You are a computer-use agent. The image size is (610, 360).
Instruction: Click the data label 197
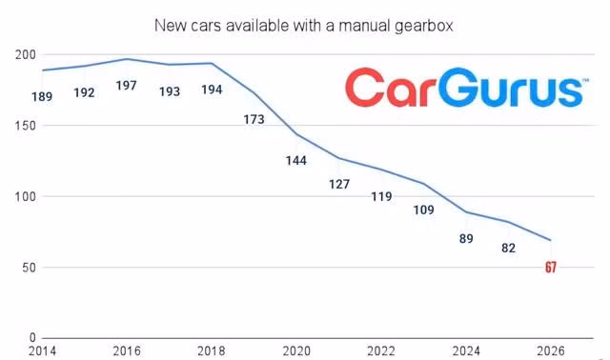point(127,86)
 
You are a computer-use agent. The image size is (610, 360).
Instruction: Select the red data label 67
point(551,268)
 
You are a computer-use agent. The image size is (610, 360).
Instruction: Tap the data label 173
point(254,119)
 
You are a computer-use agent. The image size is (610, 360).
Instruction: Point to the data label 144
point(296,161)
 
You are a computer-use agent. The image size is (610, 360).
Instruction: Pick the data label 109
point(423,210)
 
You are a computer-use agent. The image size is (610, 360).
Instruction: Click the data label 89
point(466,239)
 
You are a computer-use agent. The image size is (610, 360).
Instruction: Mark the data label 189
point(42,96)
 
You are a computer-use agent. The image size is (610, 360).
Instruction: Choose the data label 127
point(339,184)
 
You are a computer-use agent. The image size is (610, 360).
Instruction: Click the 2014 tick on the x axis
point(42,351)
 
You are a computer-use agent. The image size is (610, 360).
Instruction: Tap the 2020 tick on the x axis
point(296,351)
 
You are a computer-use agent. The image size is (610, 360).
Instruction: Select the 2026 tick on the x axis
point(551,351)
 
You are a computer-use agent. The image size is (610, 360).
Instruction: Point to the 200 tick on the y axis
point(26,55)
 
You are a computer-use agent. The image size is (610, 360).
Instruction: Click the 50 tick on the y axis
point(29,268)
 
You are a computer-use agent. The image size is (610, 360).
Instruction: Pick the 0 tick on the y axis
point(32,338)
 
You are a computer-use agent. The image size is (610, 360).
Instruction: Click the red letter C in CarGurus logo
point(365,87)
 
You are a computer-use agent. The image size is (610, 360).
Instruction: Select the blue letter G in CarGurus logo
point(458,87)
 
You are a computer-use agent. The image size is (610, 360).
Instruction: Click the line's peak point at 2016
point(127,59)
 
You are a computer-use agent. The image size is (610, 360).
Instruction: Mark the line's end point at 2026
point(551,240)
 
